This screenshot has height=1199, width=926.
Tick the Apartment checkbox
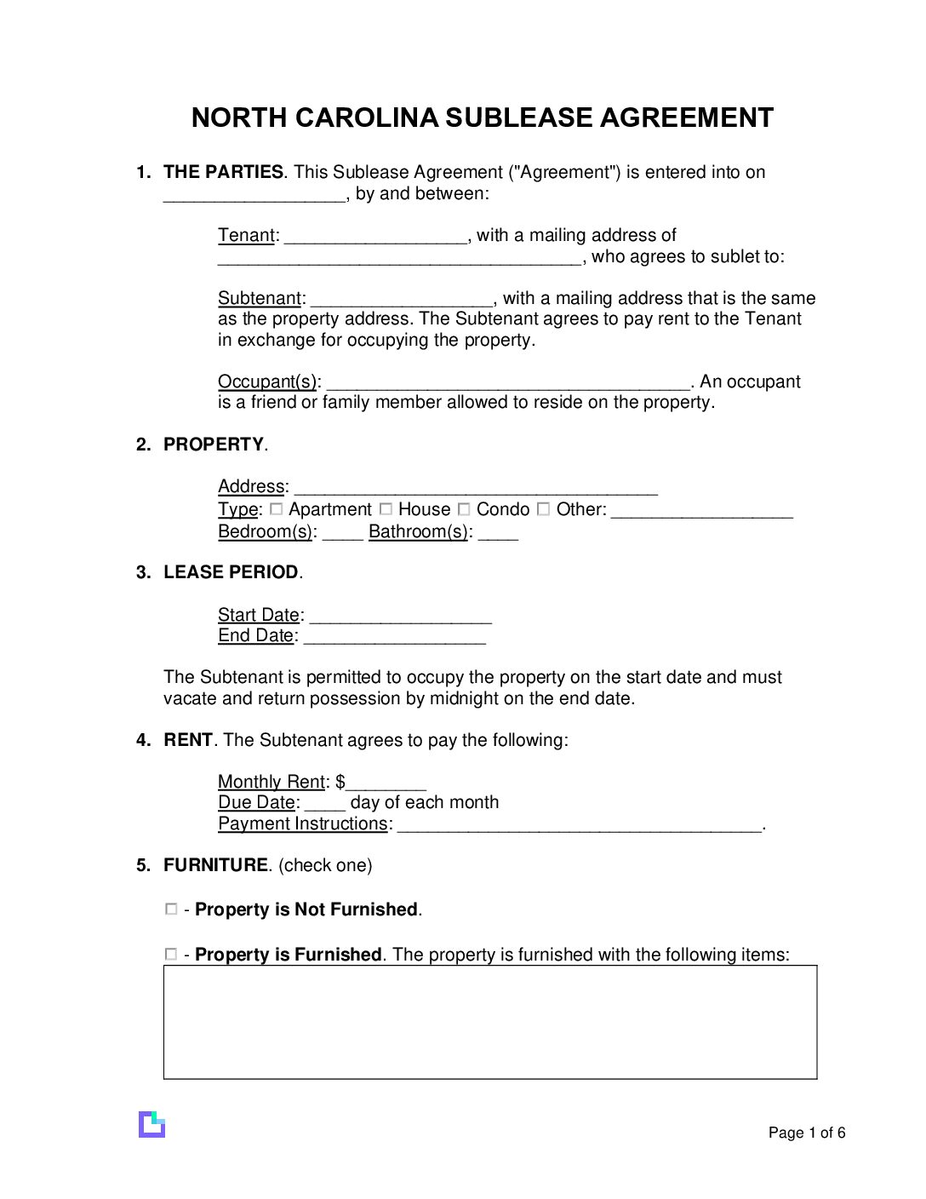pyautogui.click(x=276, y=509)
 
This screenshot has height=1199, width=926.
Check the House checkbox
pyautogui.click(x=386, y=509)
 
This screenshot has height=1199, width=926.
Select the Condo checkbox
pyautogui.click(x=464, y=509)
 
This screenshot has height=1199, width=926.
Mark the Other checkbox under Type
pyautogui.click(x=543, y=509)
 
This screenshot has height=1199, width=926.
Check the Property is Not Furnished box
pyautogui.click(x=171, y=909)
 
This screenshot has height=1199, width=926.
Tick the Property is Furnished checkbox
pyautogui.click(x=171, y=955)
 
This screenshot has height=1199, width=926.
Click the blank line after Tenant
pyautogui.click(x=375, y=238)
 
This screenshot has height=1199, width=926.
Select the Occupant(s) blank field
pyautogui.click(x=507, y=384)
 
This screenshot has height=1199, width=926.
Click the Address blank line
pyautogui.click(x=475, y=489)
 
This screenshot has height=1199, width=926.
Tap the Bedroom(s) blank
pyautogui.click(x=343, y=534)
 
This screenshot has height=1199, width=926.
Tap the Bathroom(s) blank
pyautogui.click(x=498, y=534)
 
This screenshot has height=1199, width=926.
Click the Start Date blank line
pyautogui.click(x=400, y=617)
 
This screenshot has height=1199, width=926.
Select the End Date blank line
pyautogui.click(x=394, y=638)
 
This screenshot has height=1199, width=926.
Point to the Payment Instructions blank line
pyautogui.click(x=579, y=826)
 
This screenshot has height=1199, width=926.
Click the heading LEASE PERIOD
pyautogui.click(x=231, y=572)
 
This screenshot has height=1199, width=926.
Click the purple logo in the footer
pyautogui.click(x=151, y=1124)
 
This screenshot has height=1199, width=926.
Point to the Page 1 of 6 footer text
pyautogui.click(x=806, y=1133)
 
